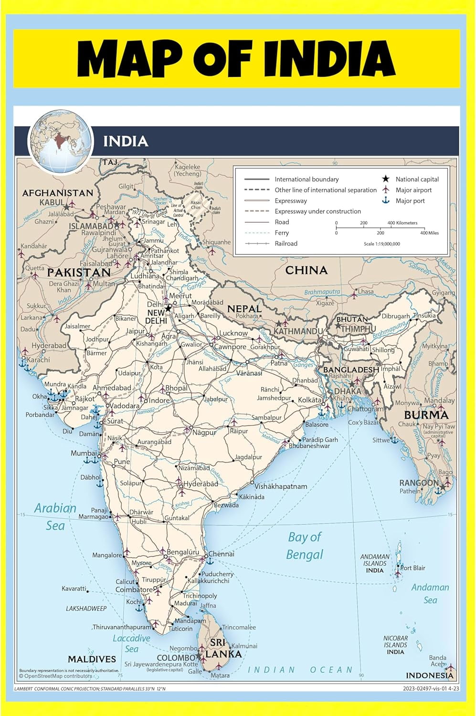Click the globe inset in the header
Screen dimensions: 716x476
coord(60,141)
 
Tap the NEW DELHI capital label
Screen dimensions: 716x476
coord(156,317)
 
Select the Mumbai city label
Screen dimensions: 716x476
coord(84,453)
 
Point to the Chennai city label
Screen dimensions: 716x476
coord(221,554)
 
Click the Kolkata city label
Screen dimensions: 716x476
coord(310,400)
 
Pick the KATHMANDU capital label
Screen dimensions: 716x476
coord(298,331)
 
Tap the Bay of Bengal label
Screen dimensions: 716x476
coord(305,546)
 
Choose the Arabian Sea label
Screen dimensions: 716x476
coord(55,516)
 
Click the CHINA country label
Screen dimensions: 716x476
coord(306,270)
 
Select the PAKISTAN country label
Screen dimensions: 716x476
coord(79,273)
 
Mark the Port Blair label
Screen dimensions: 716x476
coord(413,568)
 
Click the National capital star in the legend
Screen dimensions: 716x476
coord(385,179)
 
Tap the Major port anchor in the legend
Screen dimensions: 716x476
coord(385,200)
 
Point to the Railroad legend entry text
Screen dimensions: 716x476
coord(286,243)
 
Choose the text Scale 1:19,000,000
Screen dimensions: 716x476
coord(382,244)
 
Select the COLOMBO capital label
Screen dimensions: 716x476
coord(176,658)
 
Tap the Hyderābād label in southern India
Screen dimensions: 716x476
coord(201,484)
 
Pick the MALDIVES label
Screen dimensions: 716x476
coord(92,659)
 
